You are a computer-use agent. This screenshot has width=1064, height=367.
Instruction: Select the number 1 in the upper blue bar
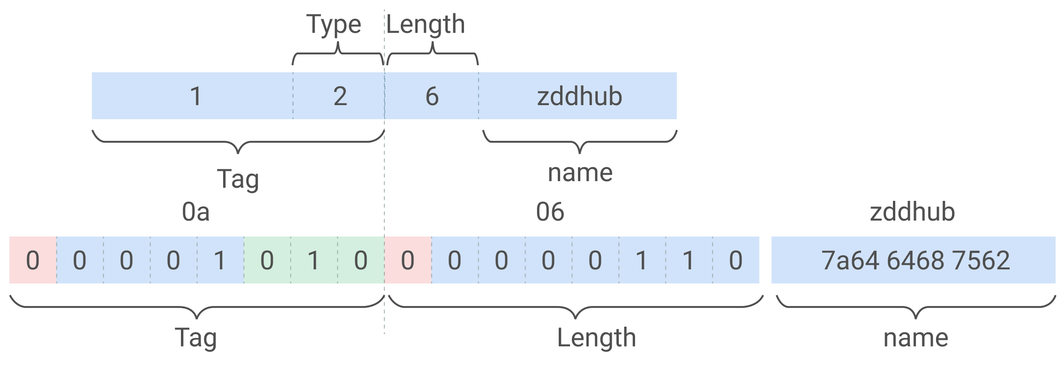[x=196, y=96]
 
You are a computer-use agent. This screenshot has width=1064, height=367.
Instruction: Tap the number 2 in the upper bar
[x=340, y=96]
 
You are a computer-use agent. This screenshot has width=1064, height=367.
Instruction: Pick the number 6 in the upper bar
[x=432, y=96]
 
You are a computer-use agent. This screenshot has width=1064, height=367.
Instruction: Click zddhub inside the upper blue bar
[x=579, y=96]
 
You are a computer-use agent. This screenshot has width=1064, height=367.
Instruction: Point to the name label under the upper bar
[x=580, y=173]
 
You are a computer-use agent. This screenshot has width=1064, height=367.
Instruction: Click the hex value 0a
[x=195, y=212]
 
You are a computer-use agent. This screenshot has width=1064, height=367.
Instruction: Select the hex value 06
[x=550, y=212]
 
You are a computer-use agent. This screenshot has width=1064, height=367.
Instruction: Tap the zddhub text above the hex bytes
[x=912, y=212]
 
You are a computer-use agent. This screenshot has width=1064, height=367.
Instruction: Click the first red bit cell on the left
[x=33, y=260]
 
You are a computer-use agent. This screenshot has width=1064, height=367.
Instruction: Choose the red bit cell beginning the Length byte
[x=408, y=260]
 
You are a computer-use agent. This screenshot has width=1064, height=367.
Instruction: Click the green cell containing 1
[x=314, y=260]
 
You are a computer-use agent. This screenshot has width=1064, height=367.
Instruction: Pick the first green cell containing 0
[x=267, y=260]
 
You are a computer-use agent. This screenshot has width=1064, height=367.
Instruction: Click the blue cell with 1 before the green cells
[x=220, y=260]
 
